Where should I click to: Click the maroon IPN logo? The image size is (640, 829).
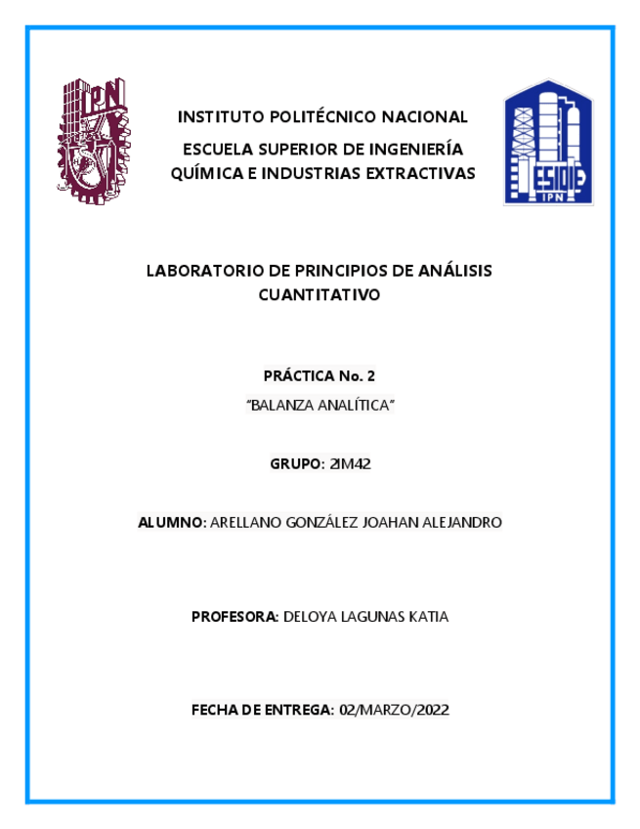(93, 141)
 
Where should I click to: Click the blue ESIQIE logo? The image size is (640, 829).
(548, 143)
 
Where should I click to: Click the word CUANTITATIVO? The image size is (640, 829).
(320, 293)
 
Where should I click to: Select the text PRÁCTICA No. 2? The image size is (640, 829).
(320, 375)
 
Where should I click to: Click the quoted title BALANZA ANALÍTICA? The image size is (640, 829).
(320, 404)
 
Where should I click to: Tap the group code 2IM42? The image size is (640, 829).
(350, 463)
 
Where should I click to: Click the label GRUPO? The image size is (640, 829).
(297, 463)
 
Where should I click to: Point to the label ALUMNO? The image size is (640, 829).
(172, 522)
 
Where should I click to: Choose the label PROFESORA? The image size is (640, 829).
(235, 617)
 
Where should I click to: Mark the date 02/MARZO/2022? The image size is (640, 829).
(394, 711)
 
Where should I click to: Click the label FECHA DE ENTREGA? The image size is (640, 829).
(263, 711)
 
